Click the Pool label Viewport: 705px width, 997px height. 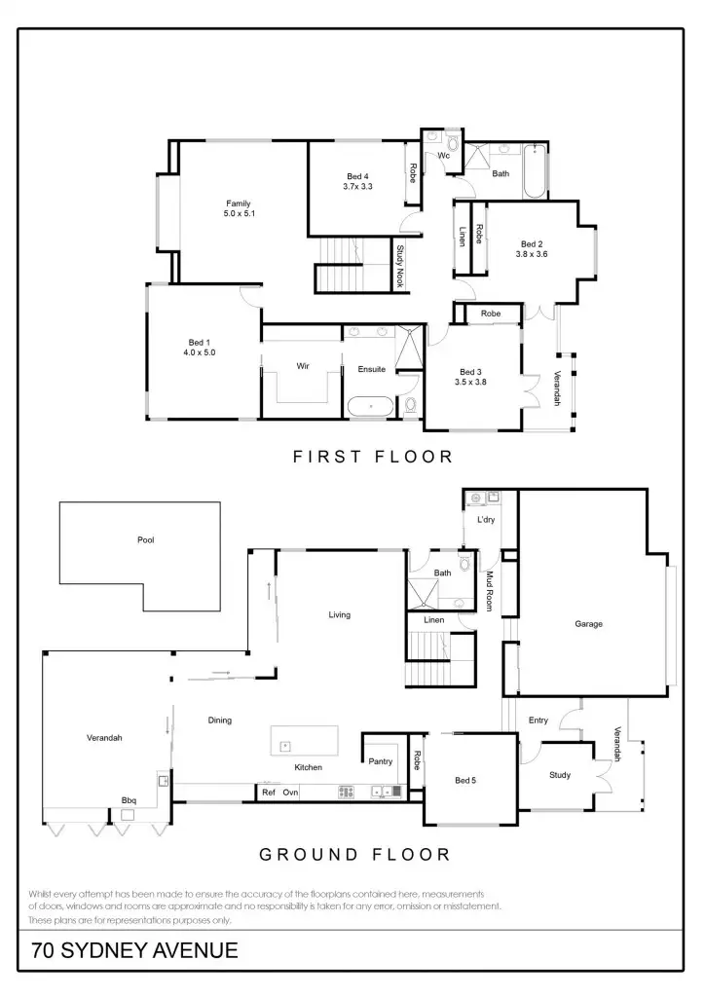(x=146, y=539)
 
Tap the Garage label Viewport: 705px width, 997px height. (x=588, y=624)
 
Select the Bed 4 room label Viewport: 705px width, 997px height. (x=358, y=176)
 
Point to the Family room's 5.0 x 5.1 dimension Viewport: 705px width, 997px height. (x=239, y=213)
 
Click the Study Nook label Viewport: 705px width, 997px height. (x=400, y=266)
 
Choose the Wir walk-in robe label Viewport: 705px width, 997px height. (x=303, y=366)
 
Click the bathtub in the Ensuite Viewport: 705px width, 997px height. (x=371, y=407)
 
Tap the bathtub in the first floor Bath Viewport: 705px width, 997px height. (x=535, y=173)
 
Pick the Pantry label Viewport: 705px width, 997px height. (x=380, y=761)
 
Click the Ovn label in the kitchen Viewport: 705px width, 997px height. (x=290, y=793)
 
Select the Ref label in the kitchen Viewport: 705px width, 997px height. (x=269, y=793)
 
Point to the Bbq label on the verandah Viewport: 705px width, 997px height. (x=129, y=800)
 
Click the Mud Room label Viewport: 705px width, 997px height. (x=491, y=589)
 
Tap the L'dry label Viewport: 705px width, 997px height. (x=486, y=520)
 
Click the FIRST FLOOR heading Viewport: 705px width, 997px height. (x=373, y=456)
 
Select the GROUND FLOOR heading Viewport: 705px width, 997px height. (x=354, y=855)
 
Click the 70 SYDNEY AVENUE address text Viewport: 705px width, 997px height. (x=134, y=950)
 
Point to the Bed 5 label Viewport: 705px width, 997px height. (x=466, y=781)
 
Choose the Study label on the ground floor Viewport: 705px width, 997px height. (x=559, y=775)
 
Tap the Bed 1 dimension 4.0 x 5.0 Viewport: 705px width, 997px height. (x=199, y=352)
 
